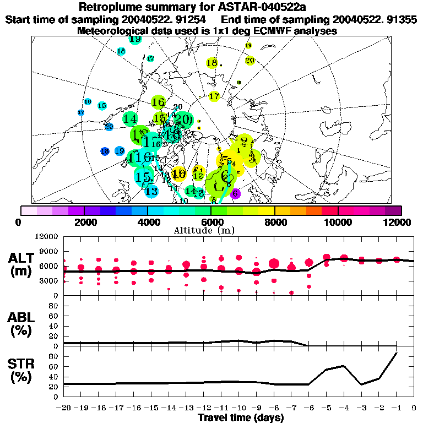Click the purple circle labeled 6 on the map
pyautogui.click(x=235, y=193)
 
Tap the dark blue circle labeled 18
pyautogui.click(x=105, y=151)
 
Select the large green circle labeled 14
pyautogui.click(x=131, y=118)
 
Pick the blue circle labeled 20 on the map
pyautogui.click(x=109, y=127)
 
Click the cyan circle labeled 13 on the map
pyautogui.click(x=151, y=191)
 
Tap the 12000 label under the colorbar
pyautogui.click(x=398, y=222)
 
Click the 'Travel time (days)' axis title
pyautogui.click(x=241, y=418)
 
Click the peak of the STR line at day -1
pyautogui.click(x=397, y=353)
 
